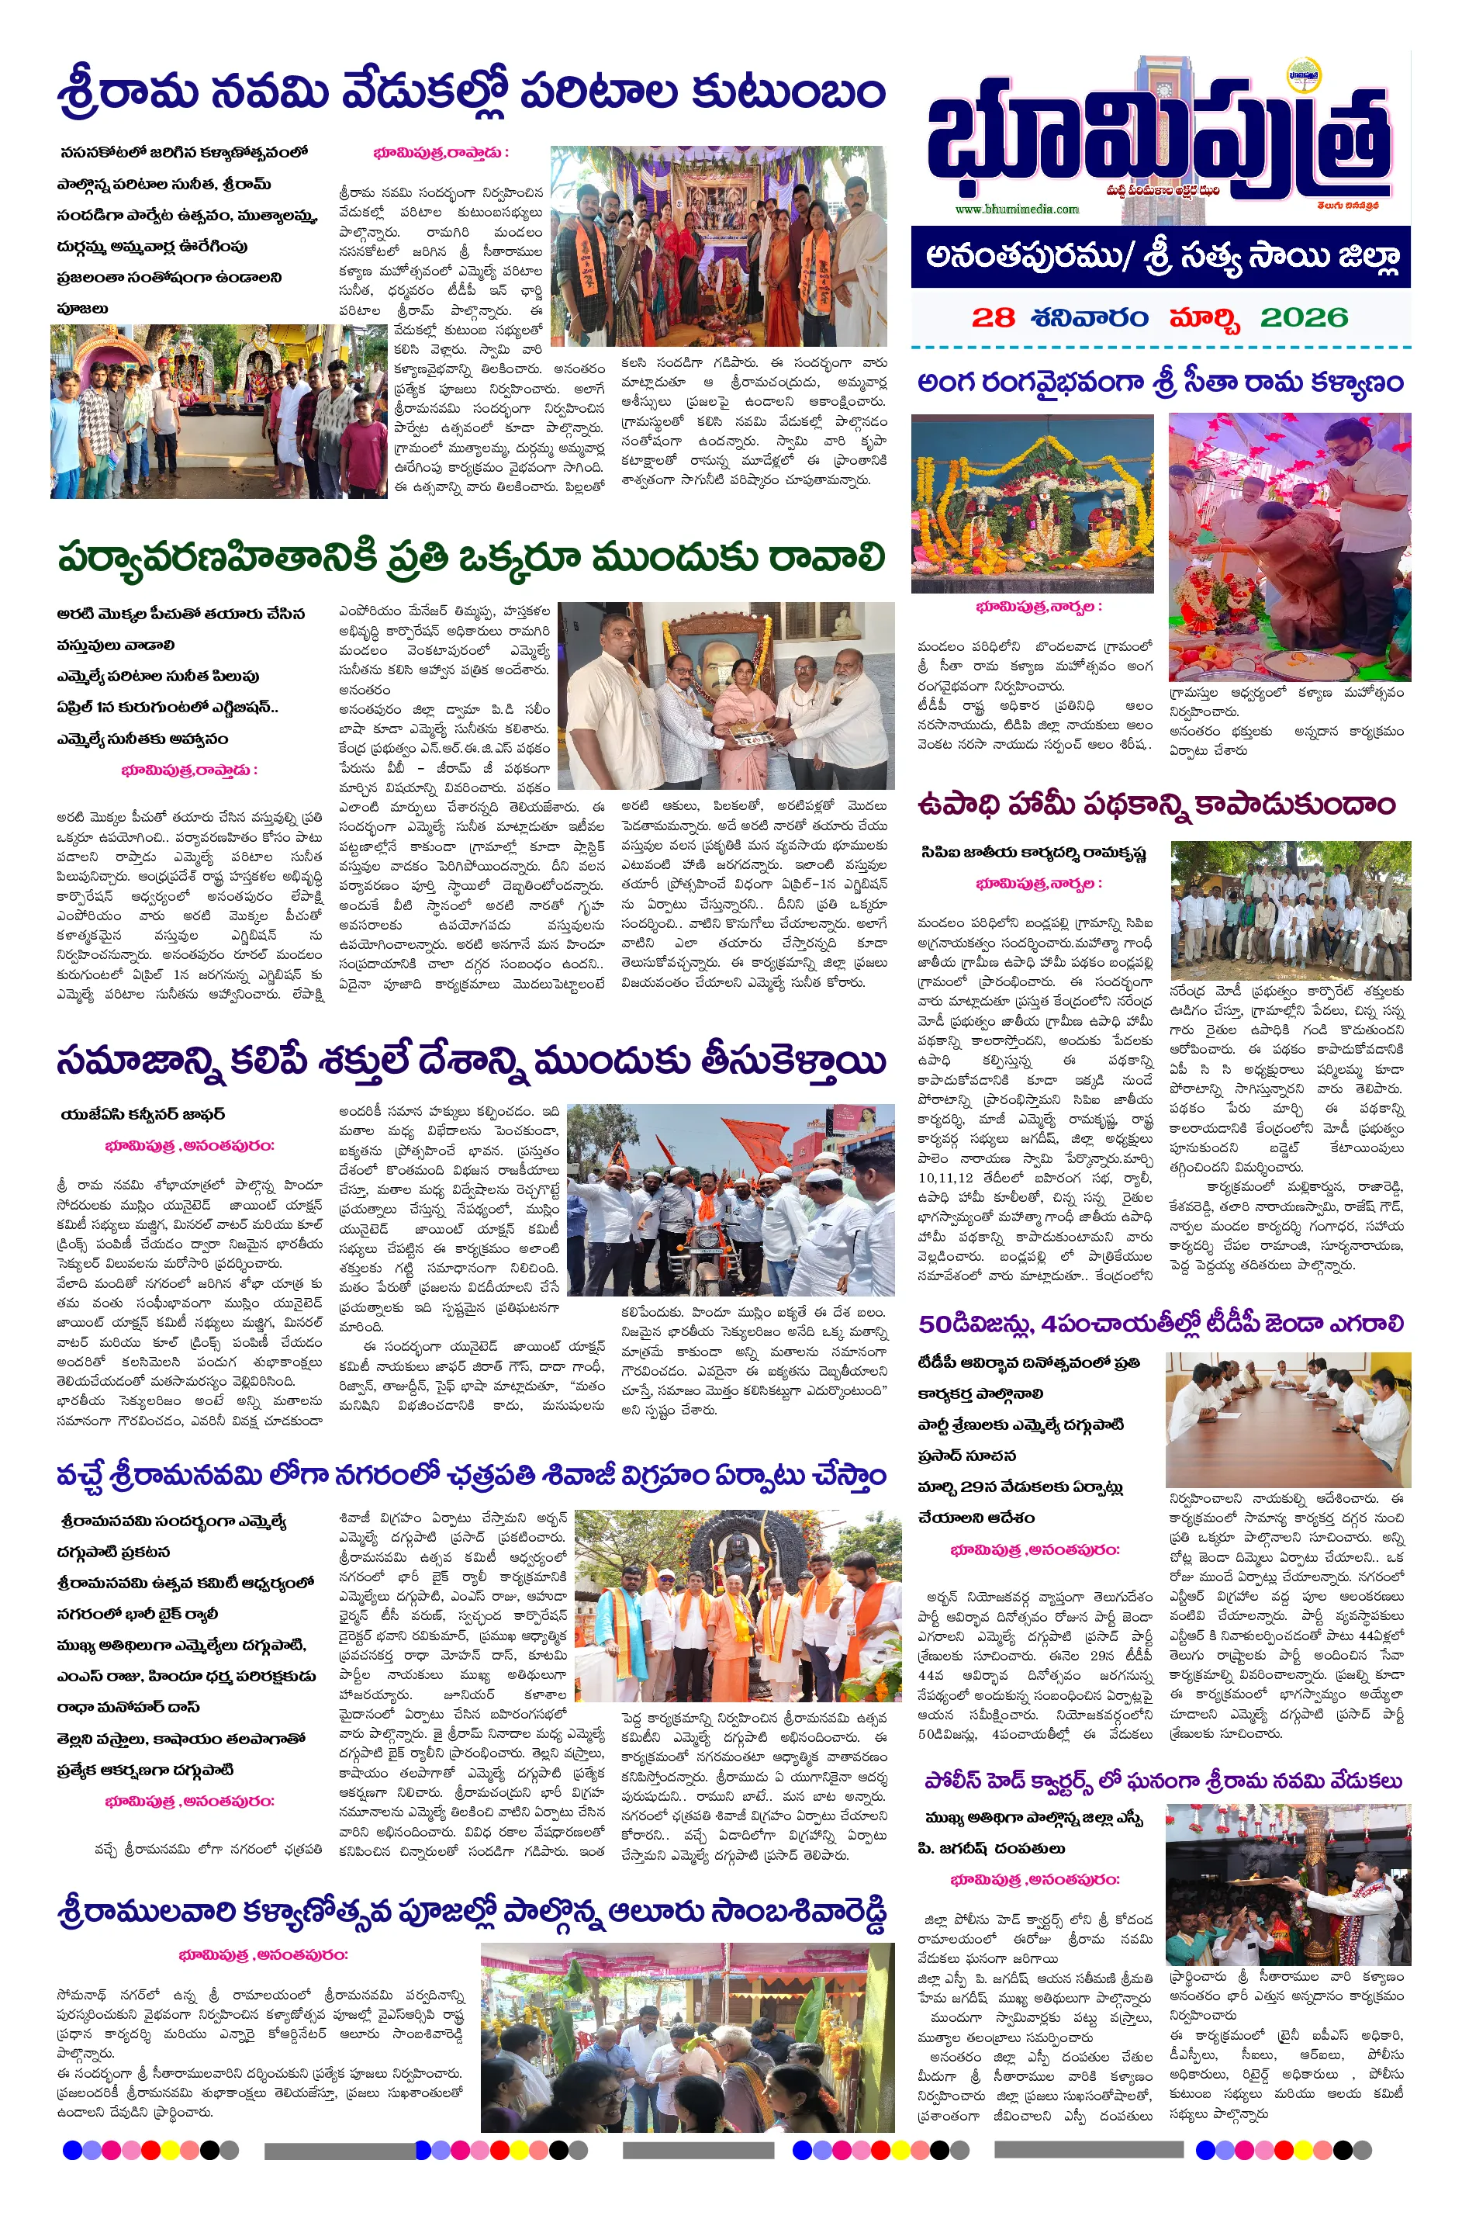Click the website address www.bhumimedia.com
point(1015,209)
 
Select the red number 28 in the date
point(992,318)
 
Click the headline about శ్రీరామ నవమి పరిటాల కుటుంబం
point(471,93)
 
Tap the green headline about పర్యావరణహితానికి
point(471,558)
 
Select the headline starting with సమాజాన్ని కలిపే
point(471,1061)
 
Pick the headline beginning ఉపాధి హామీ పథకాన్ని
point(1156,804)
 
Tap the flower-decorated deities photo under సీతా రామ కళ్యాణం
point(1032,504)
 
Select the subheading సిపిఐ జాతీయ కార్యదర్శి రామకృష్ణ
point(1032,853)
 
